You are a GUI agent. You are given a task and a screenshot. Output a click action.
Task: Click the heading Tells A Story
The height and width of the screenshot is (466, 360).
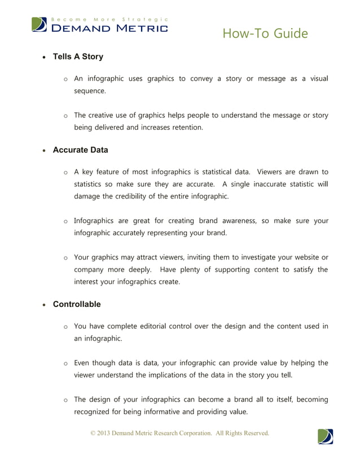(x=78, y=57)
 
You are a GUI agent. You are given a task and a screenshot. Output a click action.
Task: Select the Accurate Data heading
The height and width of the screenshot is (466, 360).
(x=80, y=151)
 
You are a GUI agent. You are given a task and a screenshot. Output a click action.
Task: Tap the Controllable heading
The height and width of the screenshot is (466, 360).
(x=77, y=305)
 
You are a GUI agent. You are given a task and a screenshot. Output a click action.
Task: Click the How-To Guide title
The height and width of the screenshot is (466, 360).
(x=265, y=34)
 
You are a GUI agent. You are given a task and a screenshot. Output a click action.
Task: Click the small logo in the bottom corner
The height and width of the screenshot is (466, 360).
(x=325, y=437)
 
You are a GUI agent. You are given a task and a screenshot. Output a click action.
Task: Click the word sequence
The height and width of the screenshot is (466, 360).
(x=90, y=90)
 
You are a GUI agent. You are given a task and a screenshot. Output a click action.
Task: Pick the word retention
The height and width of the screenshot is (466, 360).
(x=184, y=128)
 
